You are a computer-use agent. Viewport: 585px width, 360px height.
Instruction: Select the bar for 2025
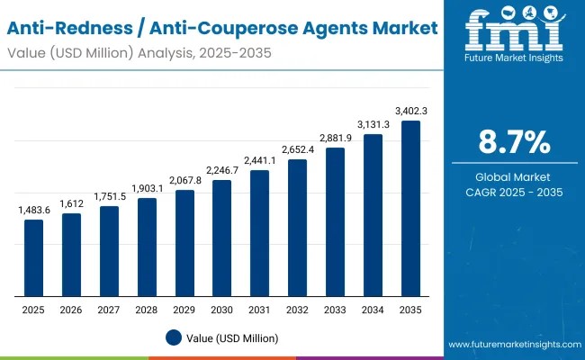pyautogui.click(x=33, y=257)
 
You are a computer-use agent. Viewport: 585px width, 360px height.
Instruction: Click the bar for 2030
pyautogui.click(x=221, y=238)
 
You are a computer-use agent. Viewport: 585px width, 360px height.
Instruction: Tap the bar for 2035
pyautogui.click(x=410, y=208)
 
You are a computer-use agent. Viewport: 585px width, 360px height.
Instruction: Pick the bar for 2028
pyautogui.click(x=147, y=247)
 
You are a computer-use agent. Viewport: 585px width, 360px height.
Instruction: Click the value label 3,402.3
pyautogui.click(x=410, y=111)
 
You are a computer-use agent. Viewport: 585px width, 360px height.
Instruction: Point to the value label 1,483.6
pyautogui.click(x=33, y=210)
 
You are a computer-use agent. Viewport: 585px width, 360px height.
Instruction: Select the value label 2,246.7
pyautogui.click(x=221, y=170)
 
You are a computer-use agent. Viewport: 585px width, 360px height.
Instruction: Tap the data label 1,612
pyautogui.click(x=71, y=204)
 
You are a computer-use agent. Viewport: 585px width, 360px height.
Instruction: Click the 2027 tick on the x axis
pyautogui.click(x=109, y=309)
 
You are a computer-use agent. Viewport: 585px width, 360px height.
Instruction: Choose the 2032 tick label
pyautogui.click(x=297, y=309)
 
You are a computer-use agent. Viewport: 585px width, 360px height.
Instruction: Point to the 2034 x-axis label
pyautogui.click(x=373, y=309)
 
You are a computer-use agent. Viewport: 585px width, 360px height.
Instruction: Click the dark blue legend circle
pyautogui.click(x=175, y=337)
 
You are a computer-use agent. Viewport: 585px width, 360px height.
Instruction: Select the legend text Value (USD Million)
pyautogui.click(x=233, y=338)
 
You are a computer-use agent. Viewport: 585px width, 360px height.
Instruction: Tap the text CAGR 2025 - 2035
pyautogui.click(x=514, y=193)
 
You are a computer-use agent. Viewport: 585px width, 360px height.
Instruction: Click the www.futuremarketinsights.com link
pyautogui.click(x=513, y=345)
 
